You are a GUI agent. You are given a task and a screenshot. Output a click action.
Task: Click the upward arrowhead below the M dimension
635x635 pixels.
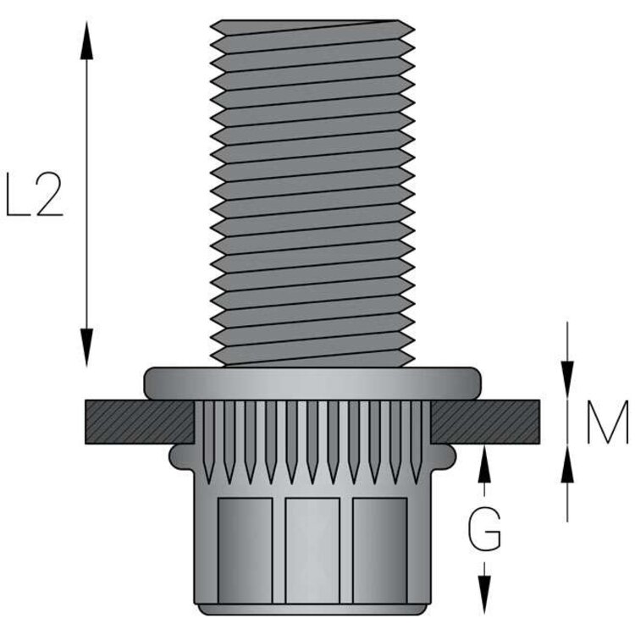[567, 462]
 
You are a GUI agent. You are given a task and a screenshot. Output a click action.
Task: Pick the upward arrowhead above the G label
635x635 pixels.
[484, 462]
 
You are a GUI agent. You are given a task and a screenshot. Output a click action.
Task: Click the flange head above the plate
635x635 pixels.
[312, 383]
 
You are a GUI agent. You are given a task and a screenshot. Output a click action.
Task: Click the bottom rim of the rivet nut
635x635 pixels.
[312, 608]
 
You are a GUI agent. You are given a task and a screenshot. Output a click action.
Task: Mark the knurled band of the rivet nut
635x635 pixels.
[312, 436]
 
